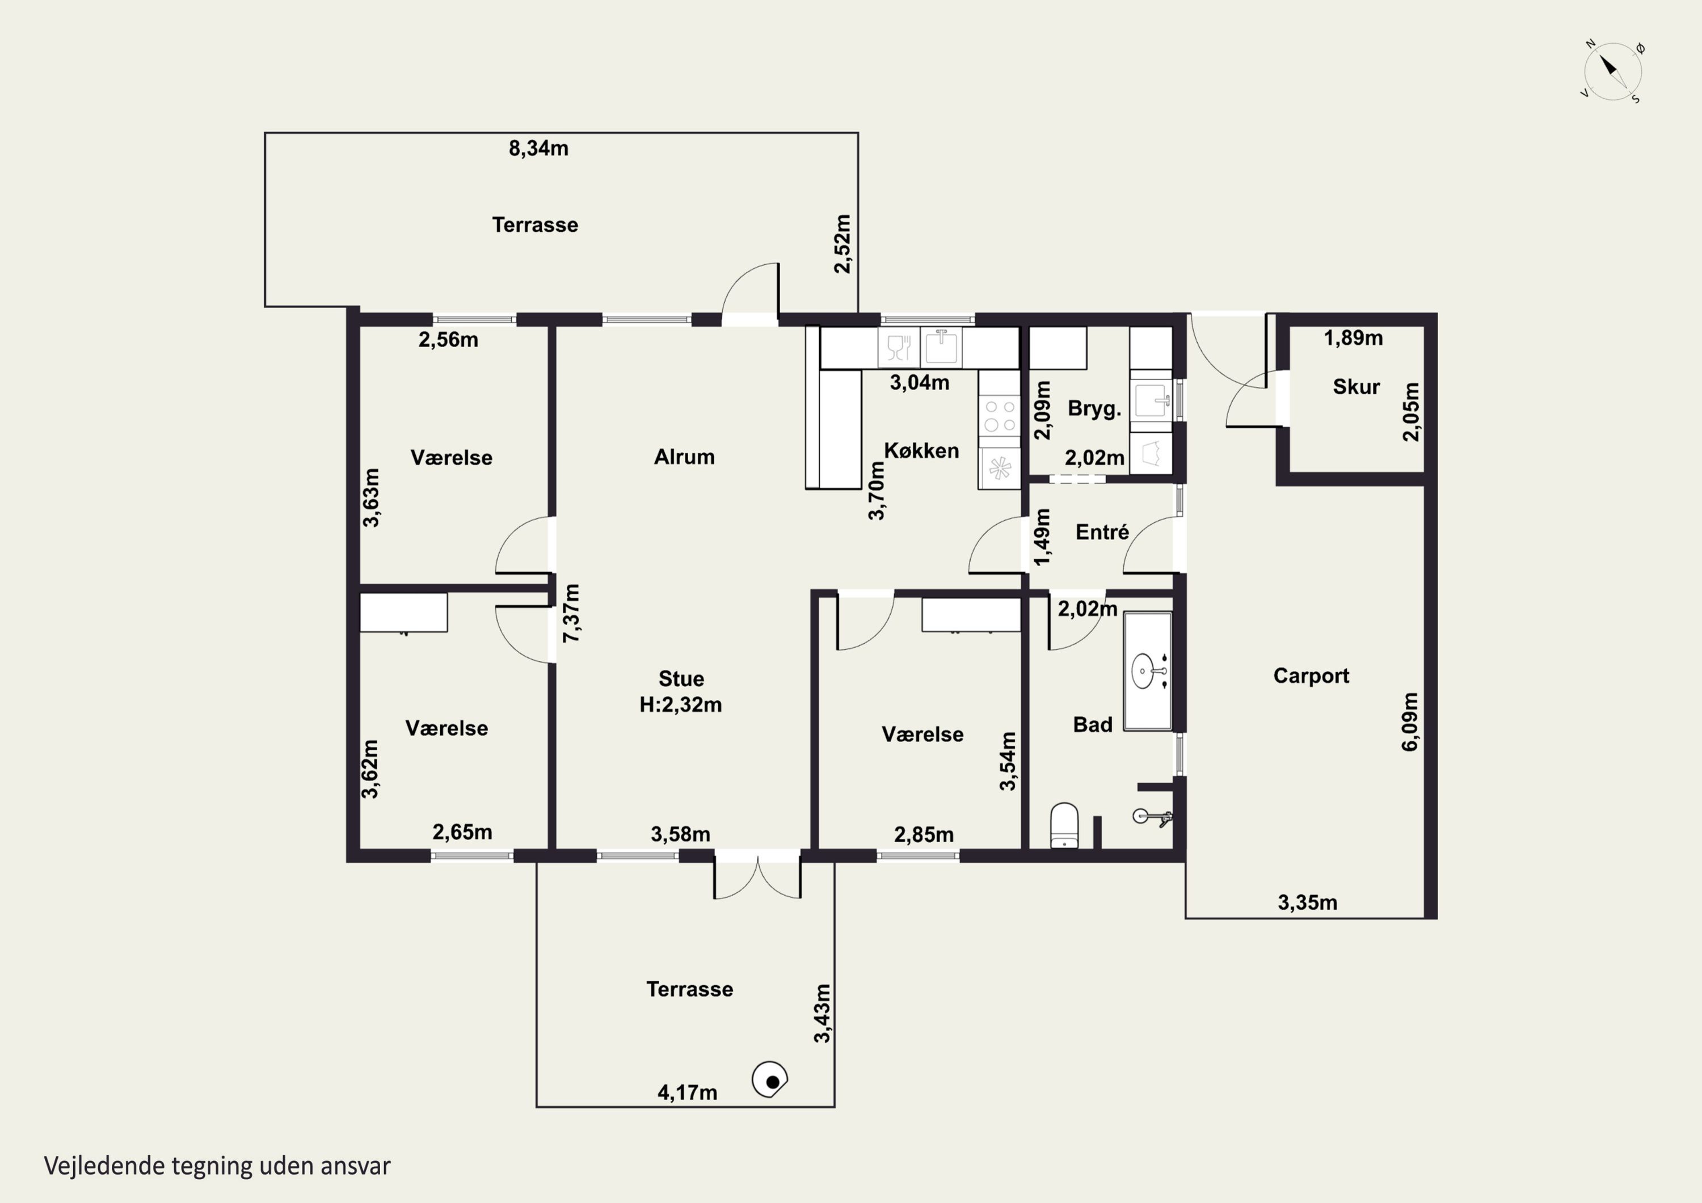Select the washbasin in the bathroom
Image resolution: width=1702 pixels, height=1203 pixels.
point(1148,671)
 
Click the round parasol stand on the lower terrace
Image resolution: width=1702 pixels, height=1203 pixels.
point(769,1080)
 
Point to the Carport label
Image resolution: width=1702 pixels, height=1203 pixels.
point(1311,676)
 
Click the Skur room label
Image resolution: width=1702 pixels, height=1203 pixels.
point(1356,387)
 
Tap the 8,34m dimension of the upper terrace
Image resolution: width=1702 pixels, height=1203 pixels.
point(538,148)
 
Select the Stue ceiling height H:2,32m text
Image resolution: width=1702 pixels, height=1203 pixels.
point(680,704)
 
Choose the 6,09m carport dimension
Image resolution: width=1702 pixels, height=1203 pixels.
point(1409,722)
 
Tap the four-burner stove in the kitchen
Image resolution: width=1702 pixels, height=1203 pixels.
point(999,415)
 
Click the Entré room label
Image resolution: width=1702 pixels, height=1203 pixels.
point(1102,531)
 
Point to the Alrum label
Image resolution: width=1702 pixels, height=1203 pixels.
point(684,457)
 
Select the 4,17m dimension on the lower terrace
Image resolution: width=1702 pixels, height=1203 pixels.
point(687,1092)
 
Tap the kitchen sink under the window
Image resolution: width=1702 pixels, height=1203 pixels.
point(941,347)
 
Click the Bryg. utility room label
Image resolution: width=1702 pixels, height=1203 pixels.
point(1094,408)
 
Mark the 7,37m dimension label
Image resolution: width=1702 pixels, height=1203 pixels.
point(571,613)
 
